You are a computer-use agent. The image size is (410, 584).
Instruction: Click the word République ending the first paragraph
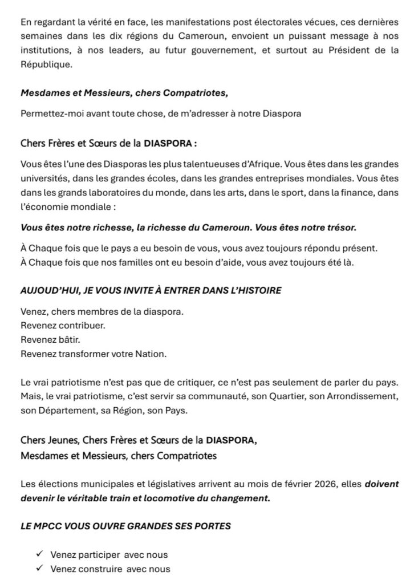pos(46,65)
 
